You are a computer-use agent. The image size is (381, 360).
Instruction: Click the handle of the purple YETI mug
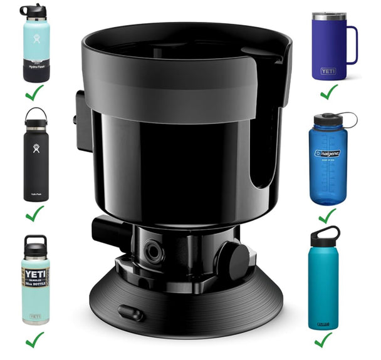click(x=352, y=45)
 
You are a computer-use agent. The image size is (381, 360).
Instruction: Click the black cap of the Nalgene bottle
click(x=327, y=119)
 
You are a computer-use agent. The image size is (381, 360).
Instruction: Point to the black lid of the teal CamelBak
click(x=325, y=235)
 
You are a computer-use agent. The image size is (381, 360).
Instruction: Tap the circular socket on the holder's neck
click(x=152, y=251)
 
